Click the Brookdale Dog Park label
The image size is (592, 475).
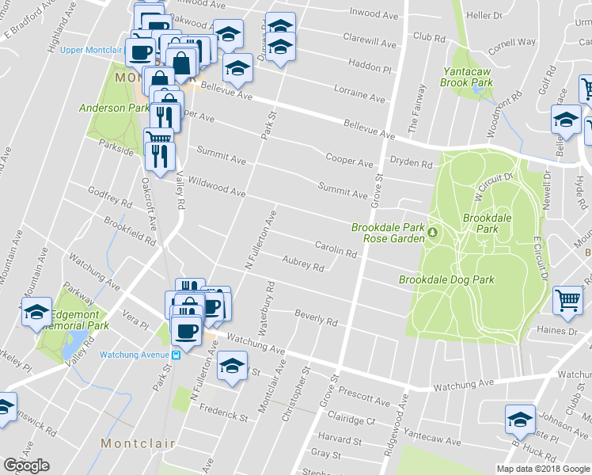pyautogui.click(x=446, y=279)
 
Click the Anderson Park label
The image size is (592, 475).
pyautogui.click(x=113, y=108)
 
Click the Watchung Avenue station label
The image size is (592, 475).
pyautogui.click(x=135, y=354)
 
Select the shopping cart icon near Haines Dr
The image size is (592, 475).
pyautogui.click(x=567, y=300)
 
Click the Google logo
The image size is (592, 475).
pyautogui.click(x=26, y=465)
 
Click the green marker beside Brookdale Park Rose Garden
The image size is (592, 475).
pyautogui.click(x=434, y=233)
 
